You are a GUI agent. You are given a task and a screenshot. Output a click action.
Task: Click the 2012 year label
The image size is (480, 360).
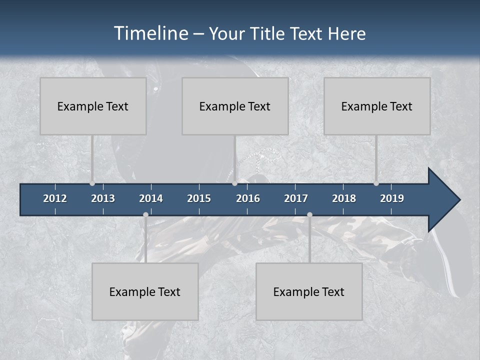pos(55,198)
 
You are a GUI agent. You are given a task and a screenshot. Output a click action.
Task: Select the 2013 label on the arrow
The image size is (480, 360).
pos(103,198)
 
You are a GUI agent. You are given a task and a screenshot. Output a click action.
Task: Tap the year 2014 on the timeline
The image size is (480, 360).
pos(151,198)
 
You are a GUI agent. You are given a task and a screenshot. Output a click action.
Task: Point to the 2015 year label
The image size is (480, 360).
pos(199,198)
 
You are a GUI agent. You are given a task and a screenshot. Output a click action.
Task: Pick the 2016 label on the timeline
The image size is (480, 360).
pos(248,198)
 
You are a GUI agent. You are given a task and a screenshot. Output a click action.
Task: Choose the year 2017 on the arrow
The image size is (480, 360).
pos(296,198)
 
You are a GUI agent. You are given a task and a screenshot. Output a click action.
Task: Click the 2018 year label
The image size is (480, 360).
pos(344,198)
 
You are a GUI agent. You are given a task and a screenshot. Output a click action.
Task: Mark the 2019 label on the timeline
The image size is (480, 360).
pos(392,198)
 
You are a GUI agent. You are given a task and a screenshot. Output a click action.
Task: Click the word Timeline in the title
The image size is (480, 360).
pos(150,33)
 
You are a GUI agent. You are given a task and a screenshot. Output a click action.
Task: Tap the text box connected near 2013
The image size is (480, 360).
pos(93,106)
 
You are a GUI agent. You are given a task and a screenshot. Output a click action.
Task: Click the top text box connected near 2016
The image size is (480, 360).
pos(235,106)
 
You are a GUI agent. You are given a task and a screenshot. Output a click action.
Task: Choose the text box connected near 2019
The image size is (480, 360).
pos(377,106)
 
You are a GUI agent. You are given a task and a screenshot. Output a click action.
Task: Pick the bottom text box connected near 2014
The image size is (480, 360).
pos(145,292)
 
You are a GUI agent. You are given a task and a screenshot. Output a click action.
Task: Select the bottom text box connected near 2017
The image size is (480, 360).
pos(309,292)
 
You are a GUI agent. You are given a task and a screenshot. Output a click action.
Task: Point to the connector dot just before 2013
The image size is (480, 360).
pos(92,183)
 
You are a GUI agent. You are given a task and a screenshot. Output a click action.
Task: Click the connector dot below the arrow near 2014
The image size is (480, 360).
pos(145,215)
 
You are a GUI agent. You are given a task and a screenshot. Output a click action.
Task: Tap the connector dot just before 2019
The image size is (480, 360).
pos(376,183)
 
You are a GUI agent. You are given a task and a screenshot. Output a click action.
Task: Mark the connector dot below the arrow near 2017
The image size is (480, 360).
pos(309,215)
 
